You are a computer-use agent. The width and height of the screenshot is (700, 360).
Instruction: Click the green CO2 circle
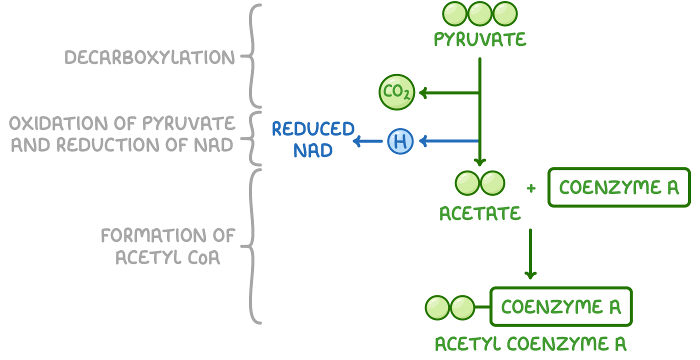pos(396,92)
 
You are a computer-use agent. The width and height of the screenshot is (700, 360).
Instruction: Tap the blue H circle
pos(400,141)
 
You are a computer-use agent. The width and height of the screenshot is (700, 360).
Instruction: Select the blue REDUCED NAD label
pos(313,139)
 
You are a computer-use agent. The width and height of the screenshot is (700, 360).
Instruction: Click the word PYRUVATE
pos(480,39)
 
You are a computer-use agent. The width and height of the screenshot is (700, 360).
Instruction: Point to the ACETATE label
pos(480,213)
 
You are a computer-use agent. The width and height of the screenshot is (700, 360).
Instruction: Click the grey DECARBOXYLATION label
pos(149,57)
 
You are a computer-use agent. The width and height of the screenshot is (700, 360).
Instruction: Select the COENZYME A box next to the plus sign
pos(619,187)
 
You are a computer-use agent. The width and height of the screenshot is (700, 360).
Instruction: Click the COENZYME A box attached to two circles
pos(561,306)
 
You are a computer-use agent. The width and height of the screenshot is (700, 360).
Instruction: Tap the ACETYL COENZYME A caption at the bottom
pos(530,344)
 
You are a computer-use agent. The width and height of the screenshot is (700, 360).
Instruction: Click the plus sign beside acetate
pos(531,188)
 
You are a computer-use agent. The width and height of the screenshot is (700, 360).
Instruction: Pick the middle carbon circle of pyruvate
pos(480,13)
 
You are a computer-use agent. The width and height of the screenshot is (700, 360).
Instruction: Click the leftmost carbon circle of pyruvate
pos(455,13)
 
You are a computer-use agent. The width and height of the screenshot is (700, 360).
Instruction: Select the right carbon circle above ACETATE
pos(492,183)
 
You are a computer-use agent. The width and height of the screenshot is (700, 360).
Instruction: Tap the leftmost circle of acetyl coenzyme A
pos(438,307)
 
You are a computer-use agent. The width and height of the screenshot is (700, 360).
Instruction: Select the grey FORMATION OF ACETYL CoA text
pos(168,246)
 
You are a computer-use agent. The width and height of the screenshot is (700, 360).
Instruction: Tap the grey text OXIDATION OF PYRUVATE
pos(121,123)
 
